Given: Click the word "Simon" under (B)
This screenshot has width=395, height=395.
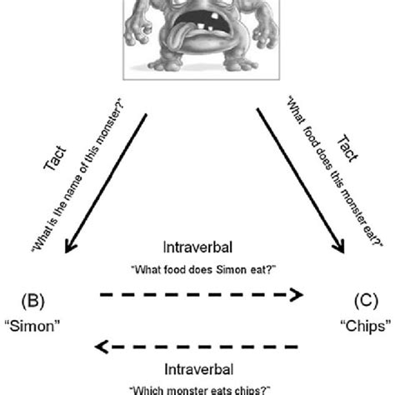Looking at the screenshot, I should point(38,327).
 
